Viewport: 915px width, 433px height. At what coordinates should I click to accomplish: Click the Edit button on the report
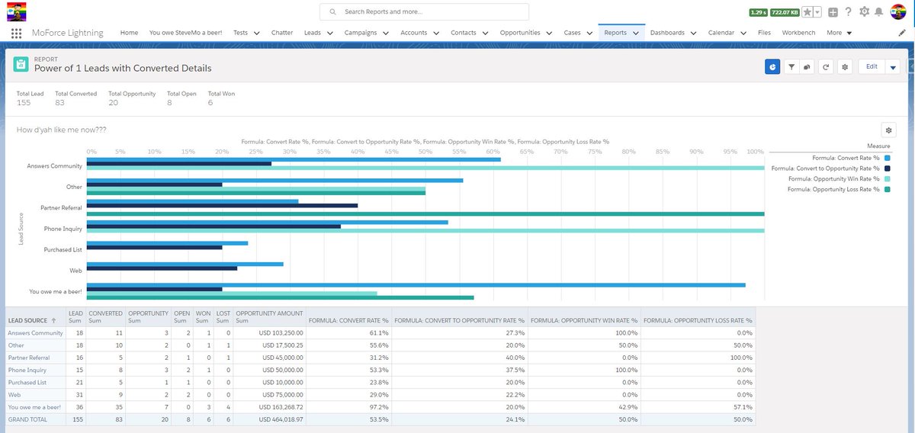[x=872, y=67]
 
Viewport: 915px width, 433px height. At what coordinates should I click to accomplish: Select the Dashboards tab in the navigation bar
[x=667, y=33]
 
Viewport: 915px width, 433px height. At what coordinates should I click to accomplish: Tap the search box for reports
[x=424, y=12]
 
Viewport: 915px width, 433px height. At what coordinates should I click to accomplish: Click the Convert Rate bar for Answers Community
[x=294, y=159]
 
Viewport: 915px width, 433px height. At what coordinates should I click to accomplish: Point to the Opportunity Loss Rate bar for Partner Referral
[x=425, y=213]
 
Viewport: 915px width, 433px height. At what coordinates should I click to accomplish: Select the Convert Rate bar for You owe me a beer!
[x=416, y=285]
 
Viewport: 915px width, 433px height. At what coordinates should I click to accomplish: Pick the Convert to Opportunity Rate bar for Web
[x=162, y=268]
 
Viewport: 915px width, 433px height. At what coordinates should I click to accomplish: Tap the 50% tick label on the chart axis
[x=425, y=152]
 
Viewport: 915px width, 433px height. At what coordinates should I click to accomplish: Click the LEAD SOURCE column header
[x=27, y=321]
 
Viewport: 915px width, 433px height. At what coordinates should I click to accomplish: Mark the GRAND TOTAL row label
[x=28, y=419]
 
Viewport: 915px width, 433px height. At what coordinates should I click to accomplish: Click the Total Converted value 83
[x=60, y=103]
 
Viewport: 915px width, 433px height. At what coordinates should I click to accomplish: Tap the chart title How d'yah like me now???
[x=61, y=130]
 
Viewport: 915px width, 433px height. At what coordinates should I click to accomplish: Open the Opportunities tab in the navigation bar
[x=520, y=33]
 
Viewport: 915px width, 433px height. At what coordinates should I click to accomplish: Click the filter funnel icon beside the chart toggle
[x=791, y=67]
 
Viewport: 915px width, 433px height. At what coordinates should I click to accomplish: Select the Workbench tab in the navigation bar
[x=798, y=33]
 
